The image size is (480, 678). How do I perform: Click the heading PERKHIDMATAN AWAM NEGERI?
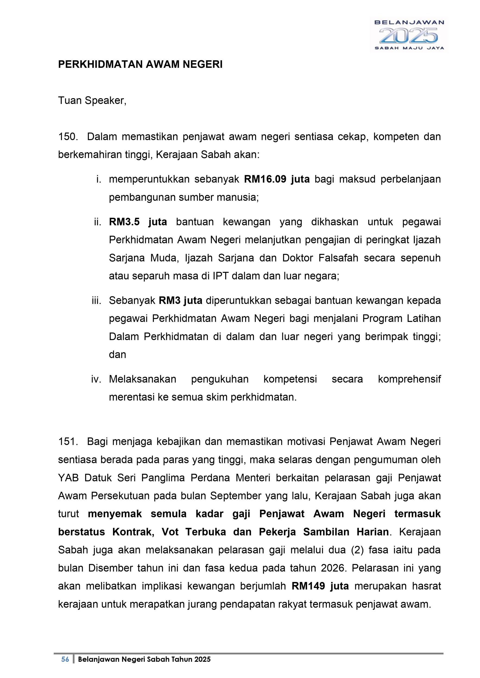pos(140,64)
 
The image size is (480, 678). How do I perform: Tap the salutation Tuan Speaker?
pos(92,101)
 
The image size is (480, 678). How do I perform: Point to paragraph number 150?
pos(68,137)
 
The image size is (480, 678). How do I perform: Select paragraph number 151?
pos(68,442)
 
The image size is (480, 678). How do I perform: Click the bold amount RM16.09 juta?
pos(277,179)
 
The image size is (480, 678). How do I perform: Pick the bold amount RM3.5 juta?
pos(138,222)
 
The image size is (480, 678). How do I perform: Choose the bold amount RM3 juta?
pos(180,300)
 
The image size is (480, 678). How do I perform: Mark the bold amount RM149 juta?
pos(320,586)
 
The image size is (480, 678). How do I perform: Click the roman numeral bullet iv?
pos(96,379)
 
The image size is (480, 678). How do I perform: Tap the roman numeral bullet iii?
pos(96,300)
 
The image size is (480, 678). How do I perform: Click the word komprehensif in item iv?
pos(409,379)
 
